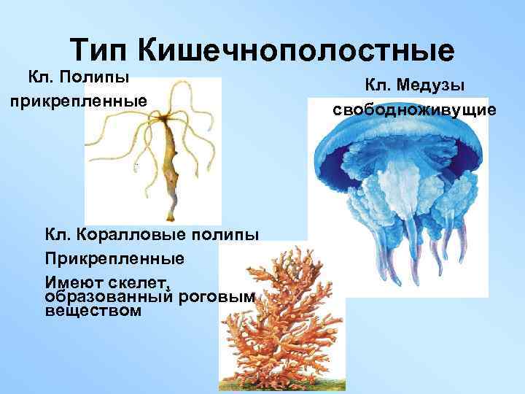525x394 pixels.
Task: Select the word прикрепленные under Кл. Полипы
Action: (77, 98)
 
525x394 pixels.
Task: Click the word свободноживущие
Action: (414, 109)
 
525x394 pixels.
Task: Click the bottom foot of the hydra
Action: (172, 217)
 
